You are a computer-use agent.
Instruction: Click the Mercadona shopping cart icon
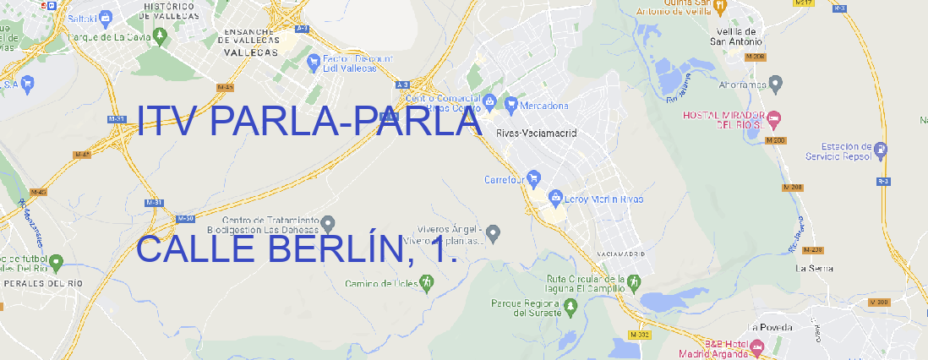pyautogui.click(x=511, y=106)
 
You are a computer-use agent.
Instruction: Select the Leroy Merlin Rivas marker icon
pyautogui.click(x=555, y=199)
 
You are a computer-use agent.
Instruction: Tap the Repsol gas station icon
pyautogui.click(x=882, y=150)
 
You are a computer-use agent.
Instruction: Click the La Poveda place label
pyautogui.click(x=771, y=327)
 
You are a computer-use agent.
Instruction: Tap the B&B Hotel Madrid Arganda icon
pyautogui.click(x=757, y=346)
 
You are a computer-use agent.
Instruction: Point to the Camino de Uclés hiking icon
pyautogui.click(x=426, y=283)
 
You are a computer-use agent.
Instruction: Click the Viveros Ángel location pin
pyautogui.click(x=495, y=232)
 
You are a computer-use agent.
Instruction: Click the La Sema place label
pyautogui.click(x=815, y=268)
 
